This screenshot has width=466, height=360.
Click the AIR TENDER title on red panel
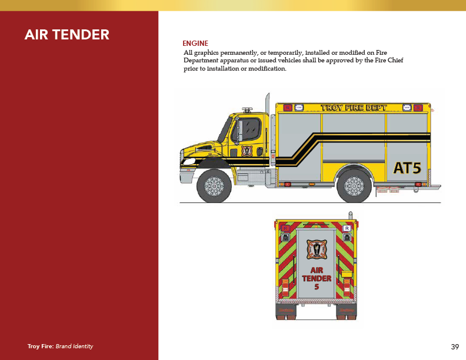(66, 35)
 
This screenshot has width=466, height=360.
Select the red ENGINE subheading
(195, 44)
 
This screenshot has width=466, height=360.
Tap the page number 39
(455, 346)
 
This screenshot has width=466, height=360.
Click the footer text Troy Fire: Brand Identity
(60, 346)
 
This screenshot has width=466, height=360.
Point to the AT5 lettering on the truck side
(407, 168)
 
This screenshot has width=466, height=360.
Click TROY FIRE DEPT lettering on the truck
(353, 108)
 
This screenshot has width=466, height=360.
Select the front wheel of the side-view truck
(214, 186)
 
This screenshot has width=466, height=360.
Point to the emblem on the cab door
(247, 150)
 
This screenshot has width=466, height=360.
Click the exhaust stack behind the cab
(268, 118)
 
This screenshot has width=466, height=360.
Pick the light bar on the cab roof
(248, 109)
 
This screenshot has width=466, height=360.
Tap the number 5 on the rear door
(317, 287)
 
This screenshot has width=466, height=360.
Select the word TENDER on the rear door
(317, 278)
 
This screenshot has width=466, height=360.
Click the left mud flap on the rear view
(285, 311)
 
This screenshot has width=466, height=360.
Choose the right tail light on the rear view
(347, 286)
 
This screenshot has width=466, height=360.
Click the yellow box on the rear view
(347, 274)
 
